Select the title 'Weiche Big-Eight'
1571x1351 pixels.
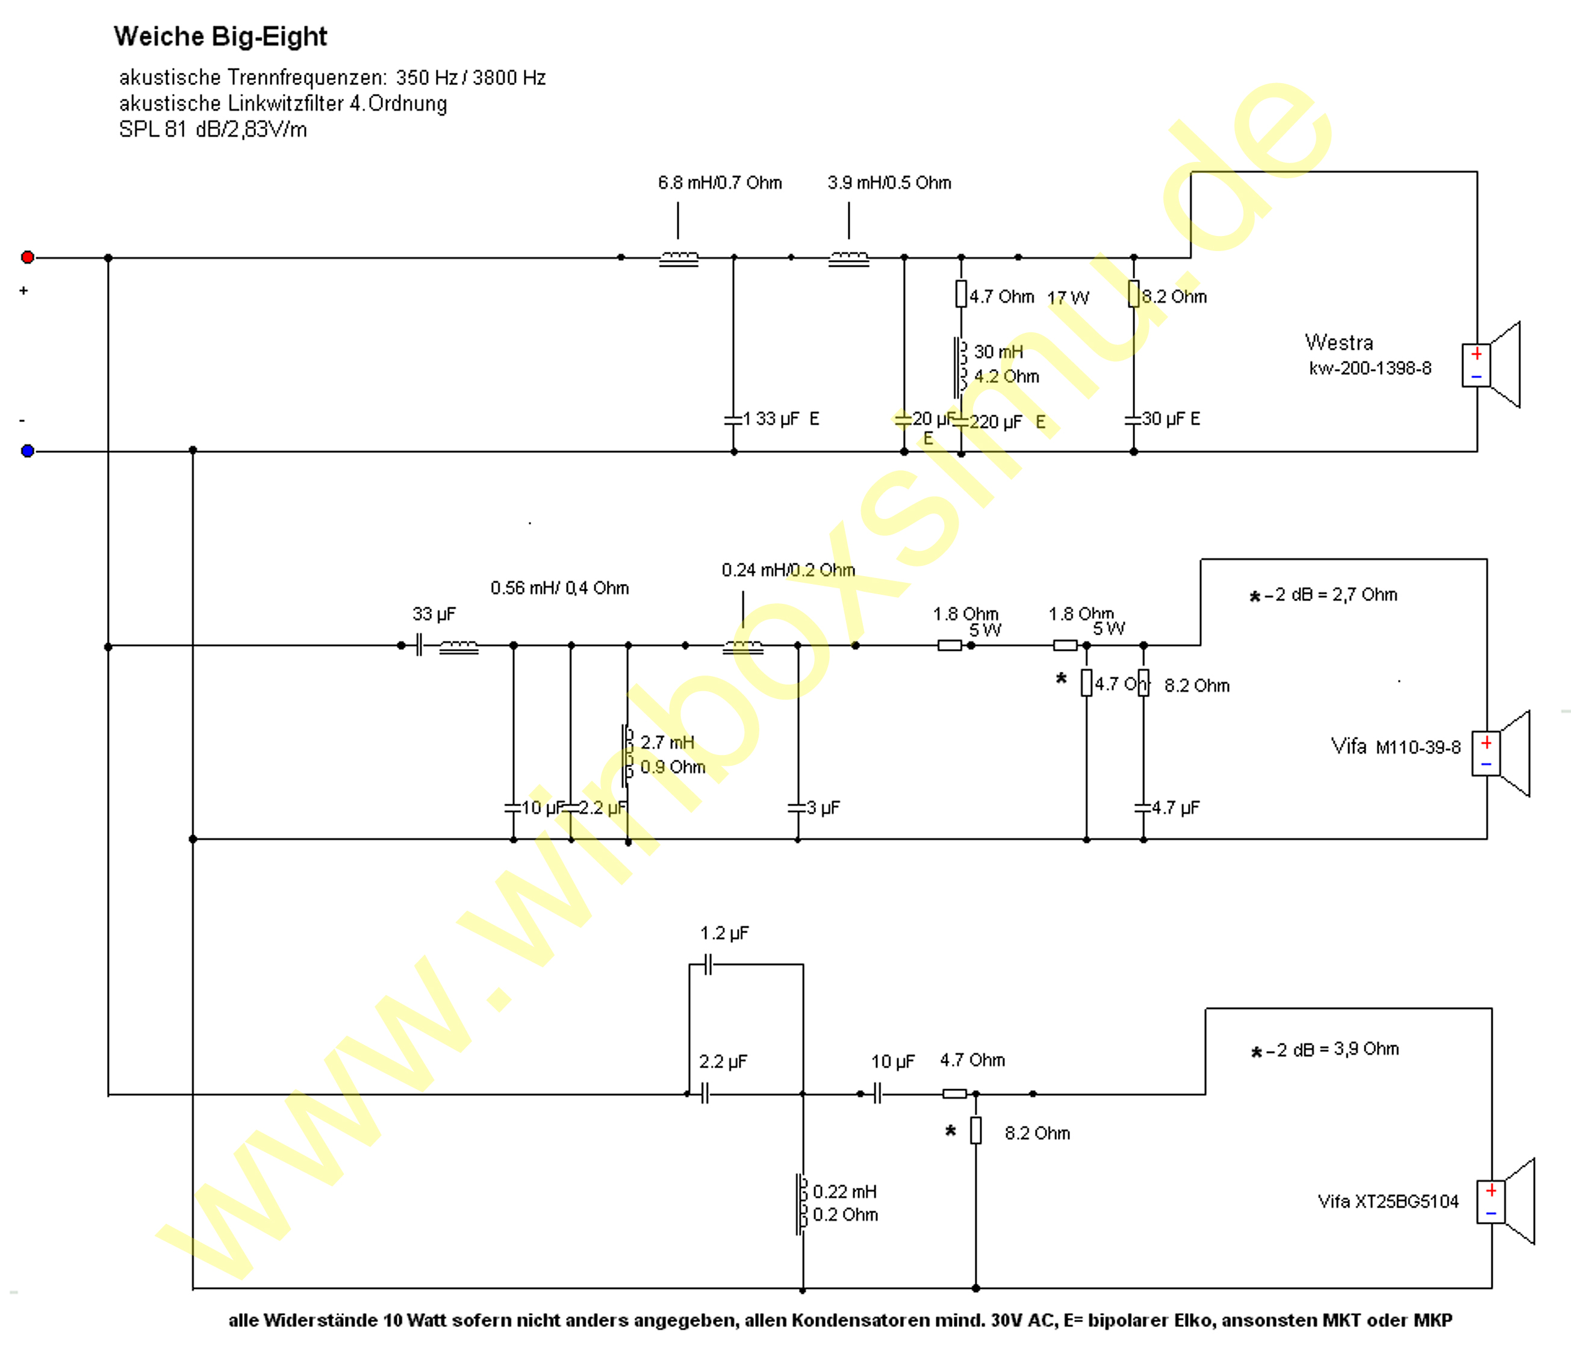tap(220, 36)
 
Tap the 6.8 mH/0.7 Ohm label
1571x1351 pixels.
tap(720, 182)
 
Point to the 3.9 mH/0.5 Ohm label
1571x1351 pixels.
tap(889, 182)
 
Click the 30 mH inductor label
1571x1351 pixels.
tap(998, 352)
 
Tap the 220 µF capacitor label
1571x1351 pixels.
tap(995, 421)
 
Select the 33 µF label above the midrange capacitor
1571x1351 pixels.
tap(434, 614)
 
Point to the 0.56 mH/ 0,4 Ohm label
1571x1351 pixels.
tap(559, 588)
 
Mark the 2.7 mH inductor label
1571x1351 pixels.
tap(667, 742)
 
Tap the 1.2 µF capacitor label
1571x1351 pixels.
tap(724, 933)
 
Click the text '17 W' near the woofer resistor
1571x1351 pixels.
tap(1068, 298)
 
